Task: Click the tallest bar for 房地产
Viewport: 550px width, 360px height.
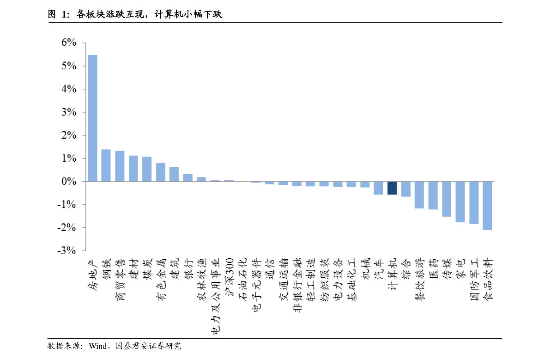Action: pos(93,118)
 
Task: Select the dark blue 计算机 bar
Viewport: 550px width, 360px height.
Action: pos(392,188)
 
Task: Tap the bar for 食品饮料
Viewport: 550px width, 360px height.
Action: pos(487,206)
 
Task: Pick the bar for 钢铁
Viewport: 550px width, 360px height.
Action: pos(106,165)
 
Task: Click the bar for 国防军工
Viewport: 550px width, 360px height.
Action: pos(474,202)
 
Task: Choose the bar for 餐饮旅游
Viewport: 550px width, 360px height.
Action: pos(419,195)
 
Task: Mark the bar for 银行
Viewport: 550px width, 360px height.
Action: pos(188,178)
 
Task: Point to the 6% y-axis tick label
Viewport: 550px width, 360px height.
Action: pos(69,43)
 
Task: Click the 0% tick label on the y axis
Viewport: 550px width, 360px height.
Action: pos(69,182)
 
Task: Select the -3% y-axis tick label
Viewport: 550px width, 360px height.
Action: pos(66,250)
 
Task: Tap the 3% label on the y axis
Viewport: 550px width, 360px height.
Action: pos(69,112)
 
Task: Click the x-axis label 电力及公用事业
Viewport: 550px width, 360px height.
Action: pos(216,296)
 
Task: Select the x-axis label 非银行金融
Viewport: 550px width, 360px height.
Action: pos(297,285)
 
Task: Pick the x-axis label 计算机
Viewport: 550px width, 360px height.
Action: pos(392,274)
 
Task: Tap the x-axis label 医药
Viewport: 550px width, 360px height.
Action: pos(433,269)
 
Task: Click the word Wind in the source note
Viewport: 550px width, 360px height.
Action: pos(98,346)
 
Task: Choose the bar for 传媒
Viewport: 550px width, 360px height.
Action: pos(447,199)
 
